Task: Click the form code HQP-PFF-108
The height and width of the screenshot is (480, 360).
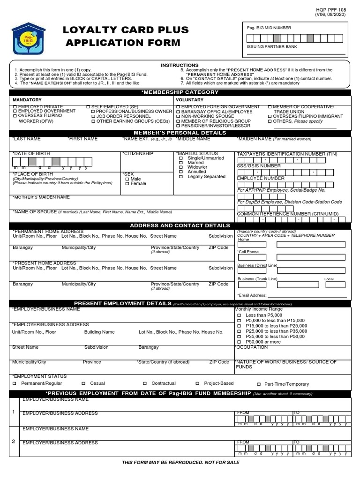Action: point(332,9)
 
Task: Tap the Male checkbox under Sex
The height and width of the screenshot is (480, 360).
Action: point(127,179)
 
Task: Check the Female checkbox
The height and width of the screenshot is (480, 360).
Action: point(127,184)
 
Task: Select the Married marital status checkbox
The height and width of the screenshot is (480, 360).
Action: point(181,163)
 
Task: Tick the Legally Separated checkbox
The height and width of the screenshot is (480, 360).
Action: point(181,177)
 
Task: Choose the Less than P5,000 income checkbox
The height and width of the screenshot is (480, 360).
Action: point(239,315)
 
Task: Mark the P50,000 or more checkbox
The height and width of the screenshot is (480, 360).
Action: point(239,342)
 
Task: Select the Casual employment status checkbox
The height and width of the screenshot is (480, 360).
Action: point(84,383)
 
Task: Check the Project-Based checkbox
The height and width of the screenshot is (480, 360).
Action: point(198,383)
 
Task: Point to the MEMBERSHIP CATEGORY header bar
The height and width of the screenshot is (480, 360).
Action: point(180,92)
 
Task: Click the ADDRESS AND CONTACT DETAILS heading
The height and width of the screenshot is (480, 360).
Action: point(180,226)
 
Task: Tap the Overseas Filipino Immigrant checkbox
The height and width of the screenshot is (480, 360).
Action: point(270,116)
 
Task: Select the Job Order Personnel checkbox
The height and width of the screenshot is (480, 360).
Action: point(93,116)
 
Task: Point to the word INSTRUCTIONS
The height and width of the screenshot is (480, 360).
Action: point(180,65)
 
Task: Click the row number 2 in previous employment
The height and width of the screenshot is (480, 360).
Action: point(14,441)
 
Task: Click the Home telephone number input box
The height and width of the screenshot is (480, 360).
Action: point(291,244)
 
